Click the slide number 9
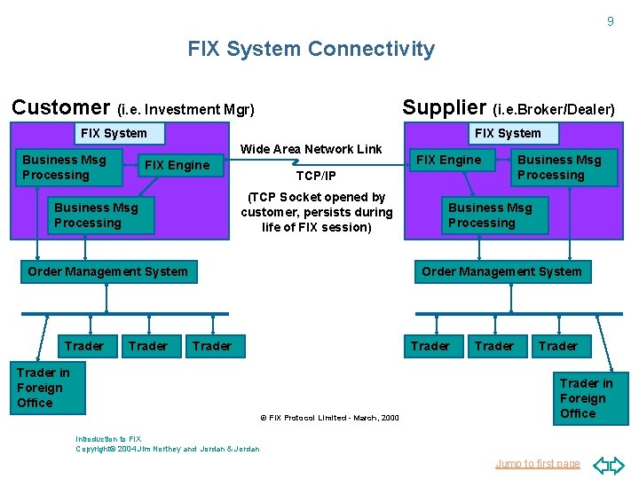pos(610,21)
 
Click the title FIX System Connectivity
pos(311,49)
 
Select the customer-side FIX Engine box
pos(177,165)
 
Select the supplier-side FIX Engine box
pos(449,161)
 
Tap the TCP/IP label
pos(315,176)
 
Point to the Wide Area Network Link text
pos(311,149)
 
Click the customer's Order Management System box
pos(107,271)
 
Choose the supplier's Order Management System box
pos(501,271)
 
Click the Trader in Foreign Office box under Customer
pos(43,388)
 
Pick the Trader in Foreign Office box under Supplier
pos(586,398)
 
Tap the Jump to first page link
pos(537,464)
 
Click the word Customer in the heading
pos(60,107)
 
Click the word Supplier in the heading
pos(444,107)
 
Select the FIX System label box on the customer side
pos(114,133)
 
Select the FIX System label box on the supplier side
pos(508,133)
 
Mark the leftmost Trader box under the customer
pos(84,346)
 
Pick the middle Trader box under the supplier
pos(494,346)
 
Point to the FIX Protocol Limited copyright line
pos(329,418)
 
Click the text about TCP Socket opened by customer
pos(316,212)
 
